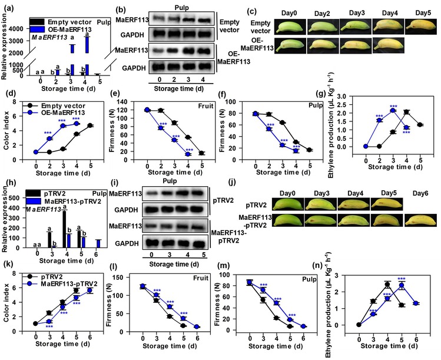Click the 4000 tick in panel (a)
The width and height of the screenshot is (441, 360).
(17, 29)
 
